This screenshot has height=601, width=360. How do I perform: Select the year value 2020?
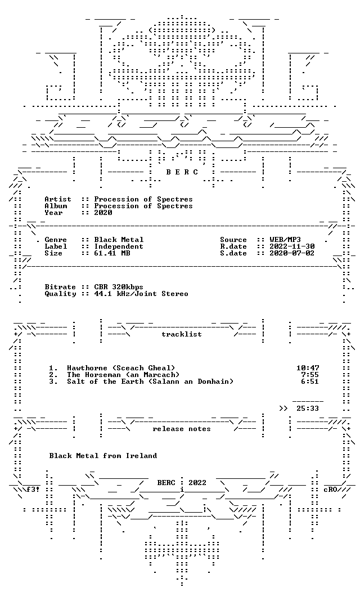[x=103, y=213]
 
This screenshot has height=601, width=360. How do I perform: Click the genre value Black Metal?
[x=119, y=240]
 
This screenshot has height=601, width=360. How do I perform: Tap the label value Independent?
[x=119, y=246]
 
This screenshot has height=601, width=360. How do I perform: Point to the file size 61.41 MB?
[x=112, y=253]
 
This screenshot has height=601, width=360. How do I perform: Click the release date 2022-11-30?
[x=292, y=246]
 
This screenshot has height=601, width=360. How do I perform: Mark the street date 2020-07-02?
[x=292, y=253]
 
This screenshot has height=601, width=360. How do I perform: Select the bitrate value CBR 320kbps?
[x=119, y=287]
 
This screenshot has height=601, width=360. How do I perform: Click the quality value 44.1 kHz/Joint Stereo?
[x=141, y=294]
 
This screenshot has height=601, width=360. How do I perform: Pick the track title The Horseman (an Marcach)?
[x=123, y=375]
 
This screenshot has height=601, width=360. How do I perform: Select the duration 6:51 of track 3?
[x=310, y=382]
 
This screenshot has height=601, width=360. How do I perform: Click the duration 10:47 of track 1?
[x=308, y=368]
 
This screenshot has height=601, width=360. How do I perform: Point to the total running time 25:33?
[x=308, y=409]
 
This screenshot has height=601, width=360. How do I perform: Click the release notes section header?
[x=182, y=429]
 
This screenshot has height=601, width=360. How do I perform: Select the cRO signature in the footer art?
[x=330, y=490]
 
